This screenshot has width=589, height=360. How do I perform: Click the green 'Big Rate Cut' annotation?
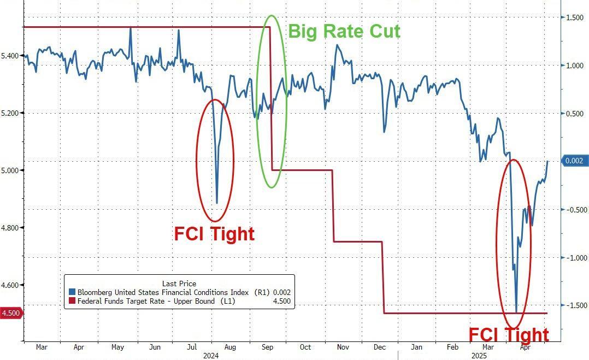[344, 31]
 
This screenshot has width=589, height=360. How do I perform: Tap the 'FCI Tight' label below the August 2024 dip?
[214, 234]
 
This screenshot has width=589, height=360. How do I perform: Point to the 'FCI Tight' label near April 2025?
[509, 334]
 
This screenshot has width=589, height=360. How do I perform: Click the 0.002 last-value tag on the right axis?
[576, 161]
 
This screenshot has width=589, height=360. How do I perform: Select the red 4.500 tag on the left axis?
[11, 313]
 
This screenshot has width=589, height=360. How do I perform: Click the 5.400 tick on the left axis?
[12, 56]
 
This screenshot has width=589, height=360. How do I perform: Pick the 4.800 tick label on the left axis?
[12, 228]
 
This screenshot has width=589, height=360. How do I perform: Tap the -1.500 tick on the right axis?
[575, 305]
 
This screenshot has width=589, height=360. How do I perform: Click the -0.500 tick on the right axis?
[575, 210]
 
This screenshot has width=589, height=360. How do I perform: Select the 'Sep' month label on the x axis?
[268, 347]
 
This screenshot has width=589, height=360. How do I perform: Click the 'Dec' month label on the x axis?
[380, 347]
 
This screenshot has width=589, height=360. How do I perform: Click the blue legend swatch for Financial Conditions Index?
[72, 293]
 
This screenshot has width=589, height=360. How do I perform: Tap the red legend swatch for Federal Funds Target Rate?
[72, 301]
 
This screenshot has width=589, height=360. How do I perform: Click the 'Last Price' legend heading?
[179, 284]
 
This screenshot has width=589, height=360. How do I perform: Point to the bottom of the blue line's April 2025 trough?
[516, 312]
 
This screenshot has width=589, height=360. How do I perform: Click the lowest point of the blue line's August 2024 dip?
[217, 203]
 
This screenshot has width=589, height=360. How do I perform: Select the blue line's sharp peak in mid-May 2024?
[131, 28]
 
